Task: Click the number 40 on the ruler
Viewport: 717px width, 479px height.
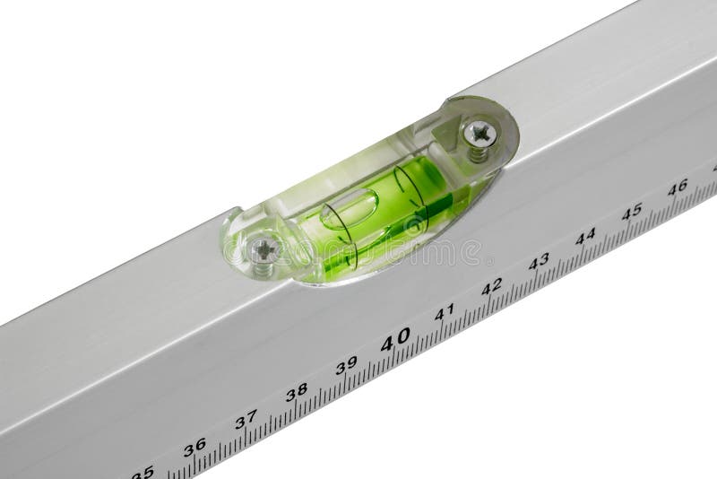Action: click(394, 338)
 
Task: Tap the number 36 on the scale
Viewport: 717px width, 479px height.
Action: click(194, 445)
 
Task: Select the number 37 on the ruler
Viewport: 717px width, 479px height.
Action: click(246, 419)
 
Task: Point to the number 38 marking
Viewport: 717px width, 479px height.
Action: click(296, 392)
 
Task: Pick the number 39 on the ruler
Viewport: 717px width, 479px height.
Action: click(346, 365)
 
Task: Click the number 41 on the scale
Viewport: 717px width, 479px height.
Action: click(444, 312)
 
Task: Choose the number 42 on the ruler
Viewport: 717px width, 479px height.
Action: click(491, 287)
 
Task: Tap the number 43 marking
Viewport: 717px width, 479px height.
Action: click(539, 261)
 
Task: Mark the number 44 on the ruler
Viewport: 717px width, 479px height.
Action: click(585, 236)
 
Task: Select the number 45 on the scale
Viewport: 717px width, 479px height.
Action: click(632, 211)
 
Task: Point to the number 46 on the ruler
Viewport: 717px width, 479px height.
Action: click(678, 187)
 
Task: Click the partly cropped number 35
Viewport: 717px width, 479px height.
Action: click(143, 471)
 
